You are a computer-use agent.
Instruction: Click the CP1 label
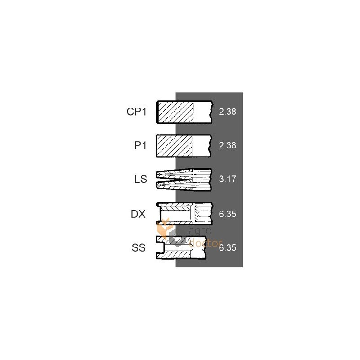pos(136,112)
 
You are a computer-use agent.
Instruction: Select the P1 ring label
pos(140,145)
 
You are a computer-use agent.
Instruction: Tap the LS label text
pos(140,179)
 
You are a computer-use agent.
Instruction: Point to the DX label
pos(138,214)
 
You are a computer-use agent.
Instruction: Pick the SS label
pos(139,248)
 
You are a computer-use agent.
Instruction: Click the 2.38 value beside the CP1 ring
pos(227,112)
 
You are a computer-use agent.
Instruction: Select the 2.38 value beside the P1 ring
pos(227,145)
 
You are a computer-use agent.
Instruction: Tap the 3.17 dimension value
pos(227,179)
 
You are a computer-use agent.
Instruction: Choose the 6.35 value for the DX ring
pos(227,214)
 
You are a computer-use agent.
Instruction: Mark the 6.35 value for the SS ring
pos(227,248)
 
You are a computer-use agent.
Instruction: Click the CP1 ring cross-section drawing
pos(184,112)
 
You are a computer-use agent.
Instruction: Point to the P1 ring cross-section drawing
pos(184,146)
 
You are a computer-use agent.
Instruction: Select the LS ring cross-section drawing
pos(184,180)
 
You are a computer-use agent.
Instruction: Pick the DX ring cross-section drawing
pos(184,214)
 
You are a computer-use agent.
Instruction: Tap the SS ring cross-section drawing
pos(181,248)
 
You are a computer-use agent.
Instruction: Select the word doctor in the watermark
pos(206,243)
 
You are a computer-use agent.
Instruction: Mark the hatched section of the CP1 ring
pos(176,112)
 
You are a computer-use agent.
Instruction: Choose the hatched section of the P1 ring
pos(174,146)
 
